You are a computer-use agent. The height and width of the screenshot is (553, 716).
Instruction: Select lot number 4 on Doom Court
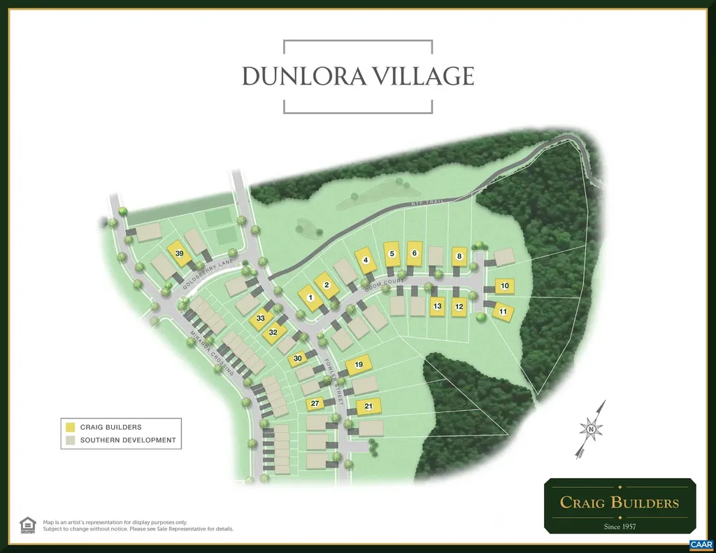365,260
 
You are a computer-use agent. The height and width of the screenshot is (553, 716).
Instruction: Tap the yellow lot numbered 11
503,311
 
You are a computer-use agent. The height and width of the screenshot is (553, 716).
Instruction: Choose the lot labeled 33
261,318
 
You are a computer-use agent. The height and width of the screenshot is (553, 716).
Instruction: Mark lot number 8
459,257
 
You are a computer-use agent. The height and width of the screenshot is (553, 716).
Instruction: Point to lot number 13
438,307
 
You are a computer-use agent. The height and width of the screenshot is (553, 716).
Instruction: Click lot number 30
297,359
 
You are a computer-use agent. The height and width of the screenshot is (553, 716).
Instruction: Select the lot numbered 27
315,404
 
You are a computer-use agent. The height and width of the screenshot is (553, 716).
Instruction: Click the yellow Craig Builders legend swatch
70,427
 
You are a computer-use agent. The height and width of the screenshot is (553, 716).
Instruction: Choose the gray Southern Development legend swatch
70,440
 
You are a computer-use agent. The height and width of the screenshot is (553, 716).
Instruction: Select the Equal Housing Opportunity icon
27,524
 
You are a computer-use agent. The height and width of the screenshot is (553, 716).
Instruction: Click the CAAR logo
700,544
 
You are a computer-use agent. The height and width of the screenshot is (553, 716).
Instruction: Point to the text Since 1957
620,526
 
